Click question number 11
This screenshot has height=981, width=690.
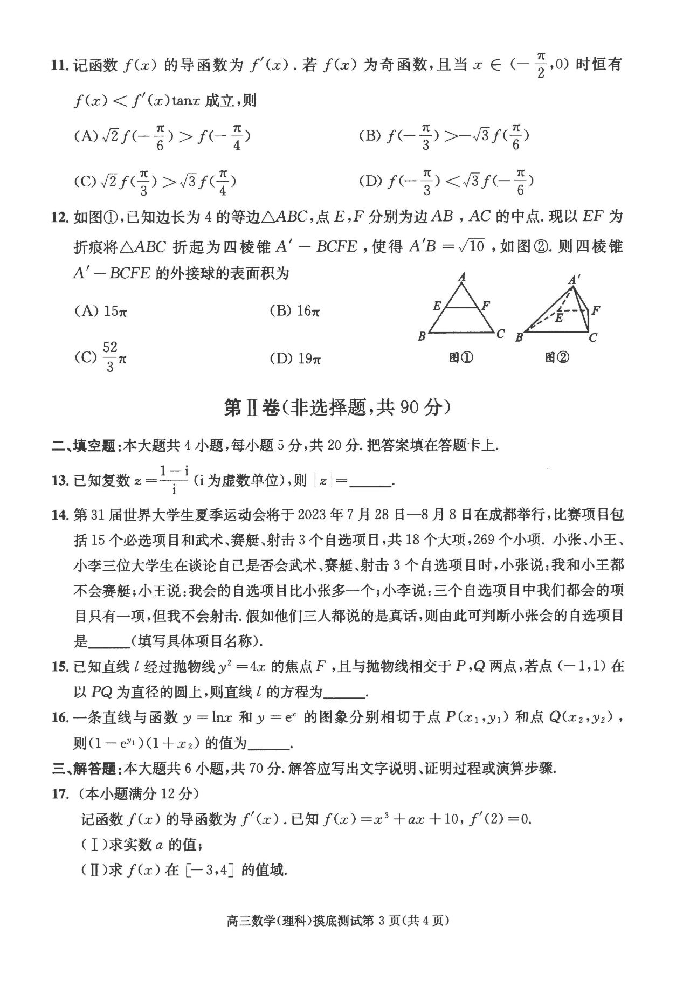click(x=59, y=66)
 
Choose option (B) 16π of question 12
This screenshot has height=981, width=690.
click(x=294, y=311)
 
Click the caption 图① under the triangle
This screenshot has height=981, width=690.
click(x=461, y=357)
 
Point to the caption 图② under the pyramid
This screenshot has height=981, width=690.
click(x=557, y=357)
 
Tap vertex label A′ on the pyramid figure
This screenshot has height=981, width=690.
click(x=575, y=279)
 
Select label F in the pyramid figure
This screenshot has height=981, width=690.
click(x=596, y=310)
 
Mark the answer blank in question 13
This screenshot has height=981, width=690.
click(x=371, y=481)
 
